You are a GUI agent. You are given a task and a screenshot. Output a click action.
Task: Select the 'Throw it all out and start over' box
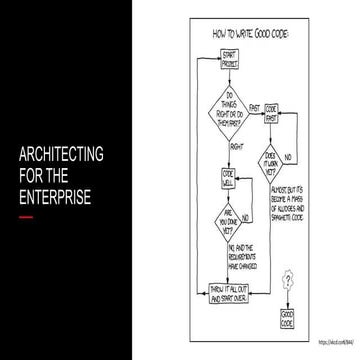coord(229,293)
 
